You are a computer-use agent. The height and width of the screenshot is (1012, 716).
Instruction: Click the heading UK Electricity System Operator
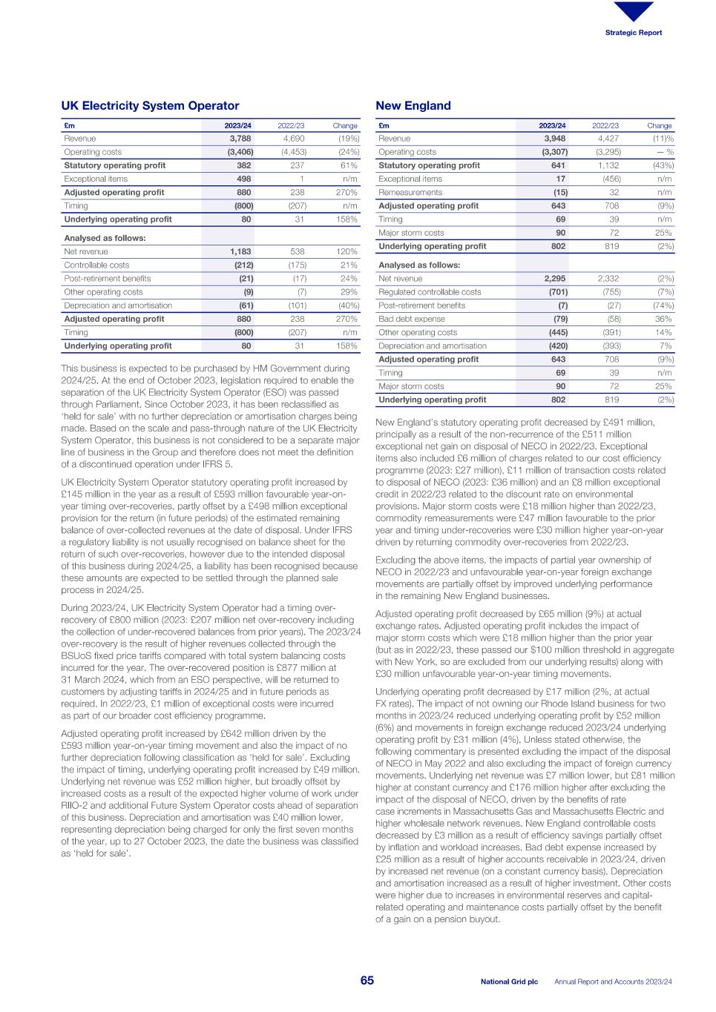click(150, 106)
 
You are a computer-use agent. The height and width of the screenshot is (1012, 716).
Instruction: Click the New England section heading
click(413, 106)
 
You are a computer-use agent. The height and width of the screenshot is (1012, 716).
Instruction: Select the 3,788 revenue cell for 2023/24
click(240, 139)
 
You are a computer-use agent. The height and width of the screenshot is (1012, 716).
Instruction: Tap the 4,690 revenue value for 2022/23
click(294, 139)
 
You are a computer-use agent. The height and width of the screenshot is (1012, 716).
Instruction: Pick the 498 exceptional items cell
click(243, 179)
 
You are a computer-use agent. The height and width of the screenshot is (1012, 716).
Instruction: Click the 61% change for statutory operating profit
click(349, 165)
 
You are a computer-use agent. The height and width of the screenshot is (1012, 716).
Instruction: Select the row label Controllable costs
click(96, 265)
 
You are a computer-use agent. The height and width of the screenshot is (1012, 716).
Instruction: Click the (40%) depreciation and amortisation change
click(346, 305)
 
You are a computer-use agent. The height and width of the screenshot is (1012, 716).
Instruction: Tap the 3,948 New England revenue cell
click(555, 139)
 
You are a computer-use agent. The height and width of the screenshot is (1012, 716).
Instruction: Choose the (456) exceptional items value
click(609, 179)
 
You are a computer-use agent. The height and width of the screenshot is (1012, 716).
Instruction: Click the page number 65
click(367, 981)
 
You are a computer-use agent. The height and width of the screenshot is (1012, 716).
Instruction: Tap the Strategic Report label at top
click(634, 33)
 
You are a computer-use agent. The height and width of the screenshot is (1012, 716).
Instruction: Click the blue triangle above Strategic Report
click(634, 11)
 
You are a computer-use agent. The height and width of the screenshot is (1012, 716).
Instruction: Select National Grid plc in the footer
click(509, 982)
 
